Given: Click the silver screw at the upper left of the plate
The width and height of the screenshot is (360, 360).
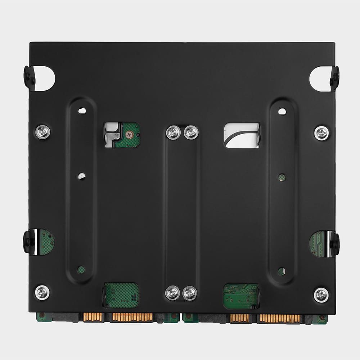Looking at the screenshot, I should click(x=42, y=132).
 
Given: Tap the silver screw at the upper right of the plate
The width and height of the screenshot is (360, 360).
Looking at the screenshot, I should click(x=321, y=133).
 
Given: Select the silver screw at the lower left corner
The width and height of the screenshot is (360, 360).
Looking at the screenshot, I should click(x=42, y=292).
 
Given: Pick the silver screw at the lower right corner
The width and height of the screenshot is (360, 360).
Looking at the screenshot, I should click(x=321, y=295).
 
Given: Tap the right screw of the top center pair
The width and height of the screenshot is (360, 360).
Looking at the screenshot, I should click(x=191, y=132).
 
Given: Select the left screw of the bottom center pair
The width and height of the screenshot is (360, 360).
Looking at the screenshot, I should click(x=172, y=293).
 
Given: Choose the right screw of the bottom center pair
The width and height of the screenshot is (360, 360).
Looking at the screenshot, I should click(x=189, y=293).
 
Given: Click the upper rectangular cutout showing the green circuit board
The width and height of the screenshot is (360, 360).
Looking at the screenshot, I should click(x=122, y=135).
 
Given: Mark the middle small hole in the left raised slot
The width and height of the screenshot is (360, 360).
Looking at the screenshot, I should click(x=82, y=176).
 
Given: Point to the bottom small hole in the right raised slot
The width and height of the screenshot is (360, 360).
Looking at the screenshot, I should click(x=281, y=271).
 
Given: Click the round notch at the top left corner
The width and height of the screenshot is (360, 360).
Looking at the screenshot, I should click(x=44, y=78).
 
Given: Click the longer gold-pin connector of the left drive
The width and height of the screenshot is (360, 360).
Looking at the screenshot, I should click(x=132, y=318).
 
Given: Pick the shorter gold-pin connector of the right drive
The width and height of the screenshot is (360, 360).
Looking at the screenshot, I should click(x=239, y=318).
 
